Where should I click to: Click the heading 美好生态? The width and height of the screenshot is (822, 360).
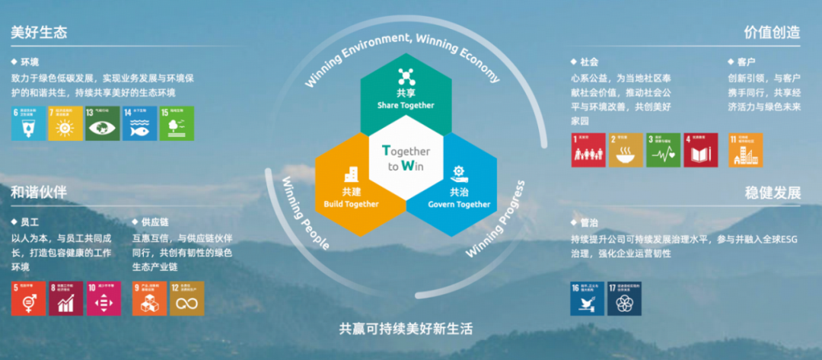39,33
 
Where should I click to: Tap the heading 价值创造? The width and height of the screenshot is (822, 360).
773,33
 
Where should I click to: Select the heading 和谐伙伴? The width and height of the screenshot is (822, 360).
39,193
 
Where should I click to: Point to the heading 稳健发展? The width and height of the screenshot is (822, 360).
773,193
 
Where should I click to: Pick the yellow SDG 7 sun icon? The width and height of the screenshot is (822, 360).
65,123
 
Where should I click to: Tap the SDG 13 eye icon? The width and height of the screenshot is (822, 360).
103,123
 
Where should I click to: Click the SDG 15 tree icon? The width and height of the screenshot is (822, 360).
177,123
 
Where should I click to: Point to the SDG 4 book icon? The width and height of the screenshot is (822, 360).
700,150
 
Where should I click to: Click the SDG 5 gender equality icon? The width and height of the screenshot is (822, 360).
28,298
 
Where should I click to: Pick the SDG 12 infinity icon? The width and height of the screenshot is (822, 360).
186,298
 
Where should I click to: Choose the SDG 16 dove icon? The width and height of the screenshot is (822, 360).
588,298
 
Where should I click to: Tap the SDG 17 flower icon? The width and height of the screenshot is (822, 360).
624,298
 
